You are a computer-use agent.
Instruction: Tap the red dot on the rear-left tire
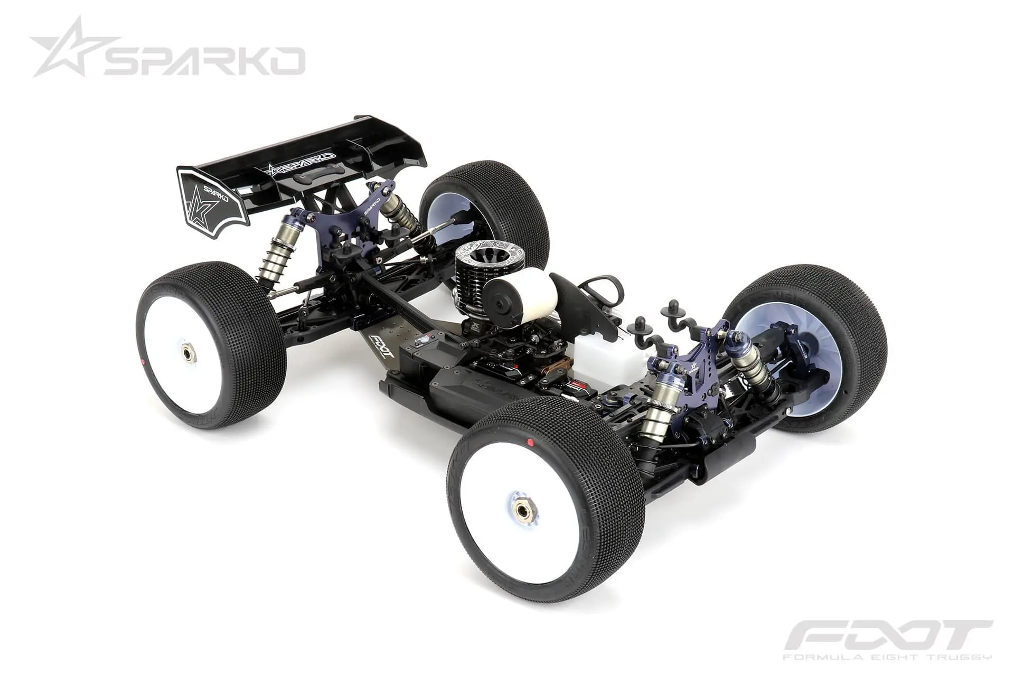[143, 362]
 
